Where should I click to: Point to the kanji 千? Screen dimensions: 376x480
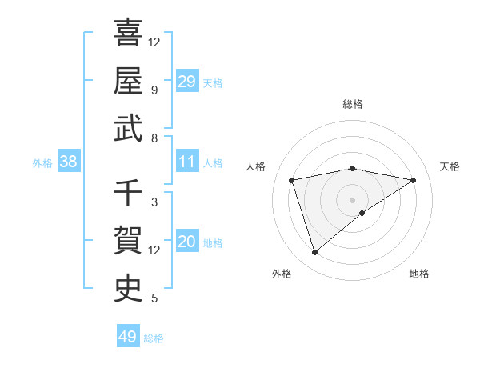pyautogui.click(x=128, y=193)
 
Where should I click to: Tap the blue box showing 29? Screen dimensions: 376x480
pyautogui.click(x=186, y=81)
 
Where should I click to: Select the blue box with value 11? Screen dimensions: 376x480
pyautogui.click(x=186, y=162)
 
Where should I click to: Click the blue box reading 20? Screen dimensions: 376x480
pyautogui.click(x=186, y=242)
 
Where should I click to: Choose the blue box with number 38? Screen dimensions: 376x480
pyautogui.click(x=69, y=162)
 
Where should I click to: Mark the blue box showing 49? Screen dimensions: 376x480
pyautogui.click(x=128, y=337)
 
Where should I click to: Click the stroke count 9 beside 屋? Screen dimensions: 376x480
pyautogui.click(x=154, y=90)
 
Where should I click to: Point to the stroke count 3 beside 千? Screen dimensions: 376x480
pyautogui.click(x=154, y=202)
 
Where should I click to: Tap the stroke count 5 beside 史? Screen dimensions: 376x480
pyautogui.click(x=154, y=298)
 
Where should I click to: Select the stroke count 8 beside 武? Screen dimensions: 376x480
pyautogui.click(x=154, y=138)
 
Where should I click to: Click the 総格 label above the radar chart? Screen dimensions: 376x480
pyautogui.click(x=353, y=104)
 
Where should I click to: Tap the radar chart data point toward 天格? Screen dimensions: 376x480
pyautogui.click(x=413, y=180)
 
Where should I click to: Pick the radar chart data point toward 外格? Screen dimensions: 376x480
pyautogui.click(x=314, y=253)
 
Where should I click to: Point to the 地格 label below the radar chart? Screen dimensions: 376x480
pyautogui.click(x=419, y=274)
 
